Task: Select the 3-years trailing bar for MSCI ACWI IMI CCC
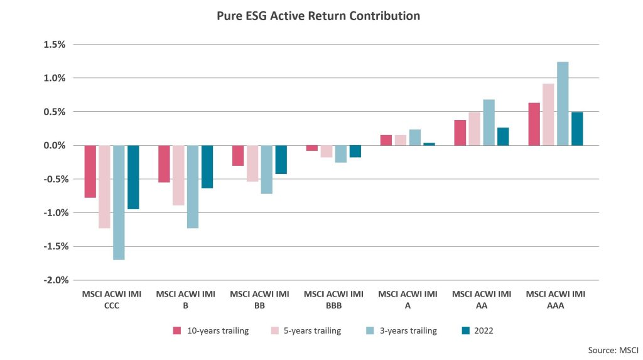pos(119,202)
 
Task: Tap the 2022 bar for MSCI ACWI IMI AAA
pos(577,129)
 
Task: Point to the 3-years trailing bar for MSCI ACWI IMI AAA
pos(563,104)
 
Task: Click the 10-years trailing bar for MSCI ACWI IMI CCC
pos(90,172)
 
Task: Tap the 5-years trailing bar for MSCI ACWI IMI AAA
pos(548,114)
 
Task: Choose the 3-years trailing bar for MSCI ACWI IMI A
pos(414,138)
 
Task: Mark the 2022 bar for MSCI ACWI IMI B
pos(207,166)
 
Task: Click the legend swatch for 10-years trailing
pos(177,330)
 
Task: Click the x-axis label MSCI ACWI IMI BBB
pos(333,300)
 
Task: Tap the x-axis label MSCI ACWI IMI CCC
pos(111,300)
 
